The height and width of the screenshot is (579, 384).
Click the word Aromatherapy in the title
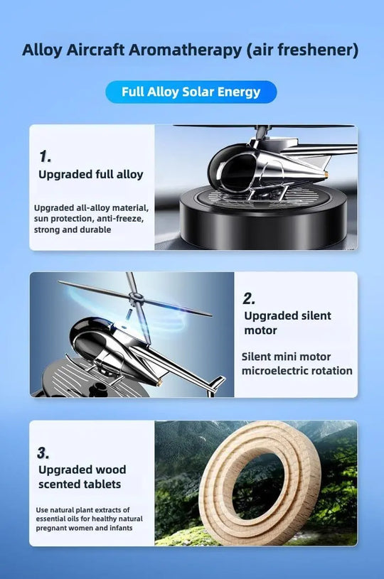pos(185,50)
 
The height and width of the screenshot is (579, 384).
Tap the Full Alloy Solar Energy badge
pos(191,92)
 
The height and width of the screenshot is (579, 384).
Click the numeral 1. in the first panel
pos(45,156)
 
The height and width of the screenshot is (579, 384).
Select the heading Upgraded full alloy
pos(90,175)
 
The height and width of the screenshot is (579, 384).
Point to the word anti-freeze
pos(119,219)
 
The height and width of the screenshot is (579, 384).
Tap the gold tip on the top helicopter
pos(326,175)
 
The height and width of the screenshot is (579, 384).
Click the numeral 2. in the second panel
pos(249,298)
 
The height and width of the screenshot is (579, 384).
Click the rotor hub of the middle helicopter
pos(135,296)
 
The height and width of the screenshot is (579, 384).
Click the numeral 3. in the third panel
pos(43,453)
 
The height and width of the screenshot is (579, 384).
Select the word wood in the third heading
pos(111,470)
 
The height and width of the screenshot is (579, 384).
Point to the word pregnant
pos(51,529)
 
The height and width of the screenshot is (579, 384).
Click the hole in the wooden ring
pos(259,481)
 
